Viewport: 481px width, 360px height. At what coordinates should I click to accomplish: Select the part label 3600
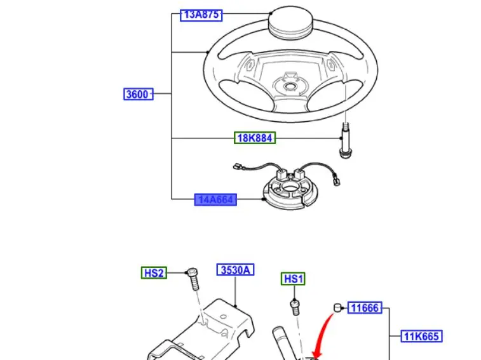click(137, 95)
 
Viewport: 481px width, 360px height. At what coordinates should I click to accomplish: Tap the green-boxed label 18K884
click(255, 138)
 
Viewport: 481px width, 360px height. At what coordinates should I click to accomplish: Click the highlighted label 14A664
click(216, 200)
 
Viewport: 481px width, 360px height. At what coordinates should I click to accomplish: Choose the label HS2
click(154, 273)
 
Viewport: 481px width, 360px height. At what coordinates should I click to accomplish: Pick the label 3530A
click(235, 270)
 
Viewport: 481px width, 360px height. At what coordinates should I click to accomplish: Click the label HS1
click(294, 278)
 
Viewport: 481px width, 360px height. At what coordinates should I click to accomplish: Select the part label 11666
click(365, 309)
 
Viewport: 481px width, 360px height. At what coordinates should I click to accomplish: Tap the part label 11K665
click(421, 336)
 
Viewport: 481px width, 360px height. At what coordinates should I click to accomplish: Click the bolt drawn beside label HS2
click(192, 279)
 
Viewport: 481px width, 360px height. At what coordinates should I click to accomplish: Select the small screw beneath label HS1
click(295, 306)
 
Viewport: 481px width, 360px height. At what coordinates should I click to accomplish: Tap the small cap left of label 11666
click(338, 309)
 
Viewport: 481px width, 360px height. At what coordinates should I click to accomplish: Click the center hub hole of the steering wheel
click(290, 86)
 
